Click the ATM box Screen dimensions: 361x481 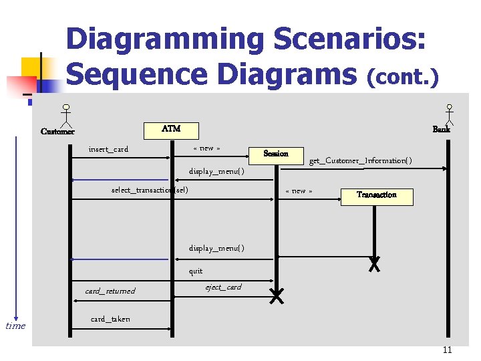click(x=171, y=129)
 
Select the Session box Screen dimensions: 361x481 click(x=276, y=154)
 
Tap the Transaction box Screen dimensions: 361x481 click(x=376, y=195)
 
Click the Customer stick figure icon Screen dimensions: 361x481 click(x=66, y=116)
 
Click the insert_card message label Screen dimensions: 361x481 click(x=108, y=149)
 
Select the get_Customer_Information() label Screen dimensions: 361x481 click(x=360, y=160)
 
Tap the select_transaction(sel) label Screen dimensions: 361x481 click(x=150, y=191)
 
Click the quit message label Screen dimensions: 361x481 click(x=196, y=271)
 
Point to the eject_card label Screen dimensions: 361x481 click(x=223, y=287)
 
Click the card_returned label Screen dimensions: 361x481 click(x=110, y=291)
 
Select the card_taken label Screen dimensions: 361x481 click(x=110, y=319)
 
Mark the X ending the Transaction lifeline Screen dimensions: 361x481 click(x=375, y=264)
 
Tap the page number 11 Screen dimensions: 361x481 click(x=447, y=350)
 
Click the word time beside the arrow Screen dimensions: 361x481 click(x=15, y=326)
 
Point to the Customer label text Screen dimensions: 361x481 click(x=57, y=132)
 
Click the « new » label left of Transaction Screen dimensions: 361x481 click(x=299, y=191)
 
